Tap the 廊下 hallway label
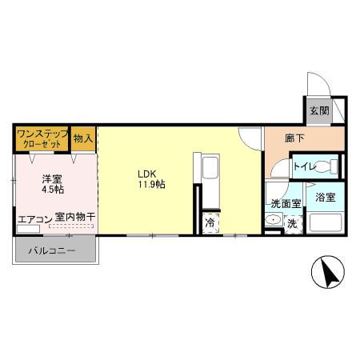(294, 138)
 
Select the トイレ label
(303, 167)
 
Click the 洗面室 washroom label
(285, 205)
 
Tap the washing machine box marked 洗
(292, 224)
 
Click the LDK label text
(146, 173)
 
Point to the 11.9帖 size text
(150, 185)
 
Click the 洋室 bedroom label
(52, 179)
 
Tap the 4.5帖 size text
(53, 191)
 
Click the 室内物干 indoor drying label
(76, 217)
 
